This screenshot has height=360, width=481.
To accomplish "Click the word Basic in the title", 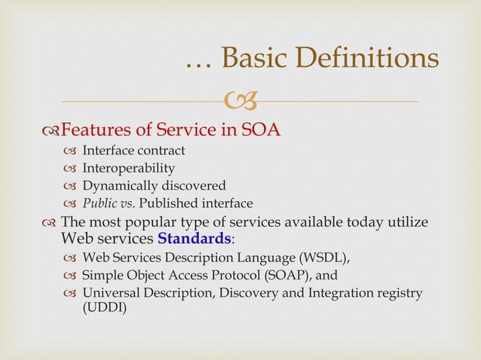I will coord(257,59).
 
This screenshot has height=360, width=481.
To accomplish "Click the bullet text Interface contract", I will coord(133,151).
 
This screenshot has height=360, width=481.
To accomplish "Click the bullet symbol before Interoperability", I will coord(70,169).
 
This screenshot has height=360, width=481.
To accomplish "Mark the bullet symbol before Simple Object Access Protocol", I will coord(70,276).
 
